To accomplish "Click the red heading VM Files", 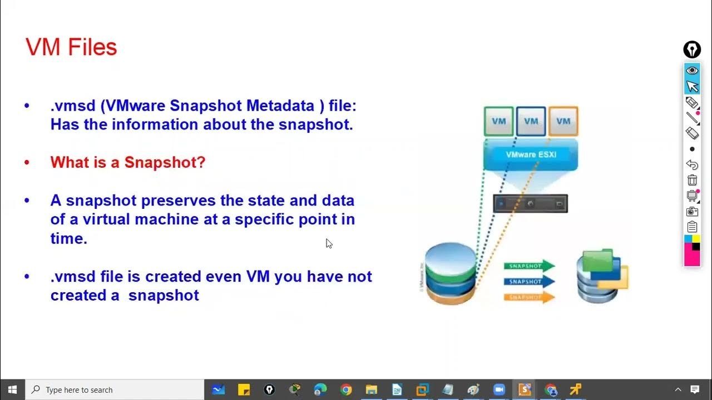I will click(x=71, y=47).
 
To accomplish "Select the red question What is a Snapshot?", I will click(x=128, y=162).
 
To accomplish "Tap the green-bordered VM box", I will click(x=498, y=121).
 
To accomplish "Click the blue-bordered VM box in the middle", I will click(x=531, y=121).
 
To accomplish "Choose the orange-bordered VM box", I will click(x=563, y=121).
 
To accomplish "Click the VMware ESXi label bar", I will click(x=531, y=154).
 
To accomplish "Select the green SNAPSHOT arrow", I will click(x=529, y=266).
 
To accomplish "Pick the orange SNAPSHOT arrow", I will click(x=529, y=297).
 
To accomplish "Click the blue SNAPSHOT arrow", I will click(x=529, y=282).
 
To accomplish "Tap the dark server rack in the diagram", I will click(x=530, y=203).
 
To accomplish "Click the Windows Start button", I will click(x=12, y=389).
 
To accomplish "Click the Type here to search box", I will click(x=117, y=389).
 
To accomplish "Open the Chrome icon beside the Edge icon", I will click(x=346, y=389).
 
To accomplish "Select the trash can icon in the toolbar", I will click(x=692, y=180).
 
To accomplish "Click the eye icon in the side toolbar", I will click(x=692, y=71).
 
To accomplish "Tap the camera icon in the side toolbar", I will click(x=692, y=211).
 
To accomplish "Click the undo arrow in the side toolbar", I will click(x=692, y=165).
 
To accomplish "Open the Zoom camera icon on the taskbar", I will click(x=498, y=389).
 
